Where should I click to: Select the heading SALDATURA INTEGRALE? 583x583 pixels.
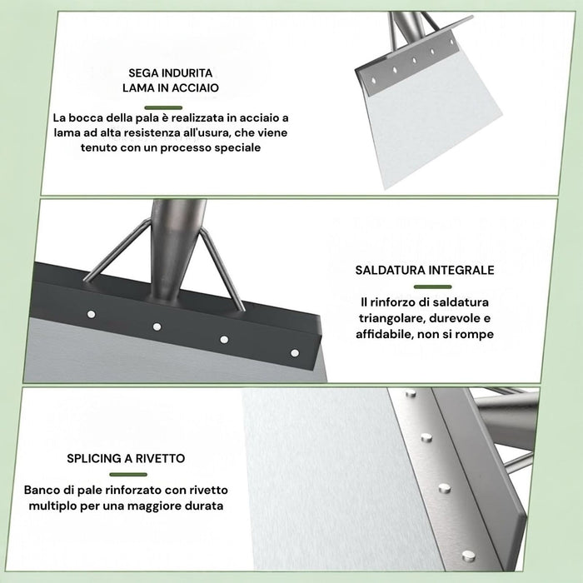pos(425,270)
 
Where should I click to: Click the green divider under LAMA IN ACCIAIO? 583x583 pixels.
pos(163,107)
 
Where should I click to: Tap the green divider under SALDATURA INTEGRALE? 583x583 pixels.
pos(432,287)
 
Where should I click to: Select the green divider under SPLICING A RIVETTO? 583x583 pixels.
pos(128,475)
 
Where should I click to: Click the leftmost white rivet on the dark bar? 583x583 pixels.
pos(91,315)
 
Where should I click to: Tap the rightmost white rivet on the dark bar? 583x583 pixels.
pos(295,353)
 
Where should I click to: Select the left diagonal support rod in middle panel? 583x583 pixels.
pos(117,251)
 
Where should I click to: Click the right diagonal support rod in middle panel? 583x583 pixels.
pos(222,270)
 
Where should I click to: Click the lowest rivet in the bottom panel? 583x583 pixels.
pos(468,556)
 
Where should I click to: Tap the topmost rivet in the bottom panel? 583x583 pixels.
pos(411,392)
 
